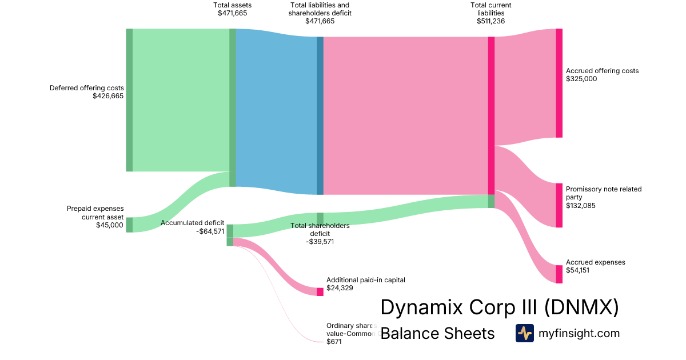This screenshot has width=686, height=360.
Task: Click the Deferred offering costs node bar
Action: click(129, 99)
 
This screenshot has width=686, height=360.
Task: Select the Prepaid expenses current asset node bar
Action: click(129, 225)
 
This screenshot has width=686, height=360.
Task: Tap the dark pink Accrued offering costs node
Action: click(559, 83)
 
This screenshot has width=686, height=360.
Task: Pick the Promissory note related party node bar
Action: click(559, 205)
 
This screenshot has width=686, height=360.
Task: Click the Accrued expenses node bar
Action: click(559, 274)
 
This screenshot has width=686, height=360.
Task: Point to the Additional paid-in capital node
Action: click(320, 291)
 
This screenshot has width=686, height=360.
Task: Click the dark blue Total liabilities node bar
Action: click(320, 115)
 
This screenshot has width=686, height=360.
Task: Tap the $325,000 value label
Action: click(581, 79)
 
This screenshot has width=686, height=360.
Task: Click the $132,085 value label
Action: click(581, 205)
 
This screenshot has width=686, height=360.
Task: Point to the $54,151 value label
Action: click(577, 270)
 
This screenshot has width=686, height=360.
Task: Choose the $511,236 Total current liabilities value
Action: click(490, 21)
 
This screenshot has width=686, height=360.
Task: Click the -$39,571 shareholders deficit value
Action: click(320, 242)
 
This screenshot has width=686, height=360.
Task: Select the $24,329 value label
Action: click(340, 288)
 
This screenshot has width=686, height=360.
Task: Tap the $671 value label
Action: click(334, 342)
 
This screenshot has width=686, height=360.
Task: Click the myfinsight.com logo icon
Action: click(524, 333)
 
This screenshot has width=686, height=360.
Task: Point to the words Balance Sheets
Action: click(437, 333)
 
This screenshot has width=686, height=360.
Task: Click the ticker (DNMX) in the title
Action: click(581, 307)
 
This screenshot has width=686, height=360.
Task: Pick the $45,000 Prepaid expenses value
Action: click(110, 225)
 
